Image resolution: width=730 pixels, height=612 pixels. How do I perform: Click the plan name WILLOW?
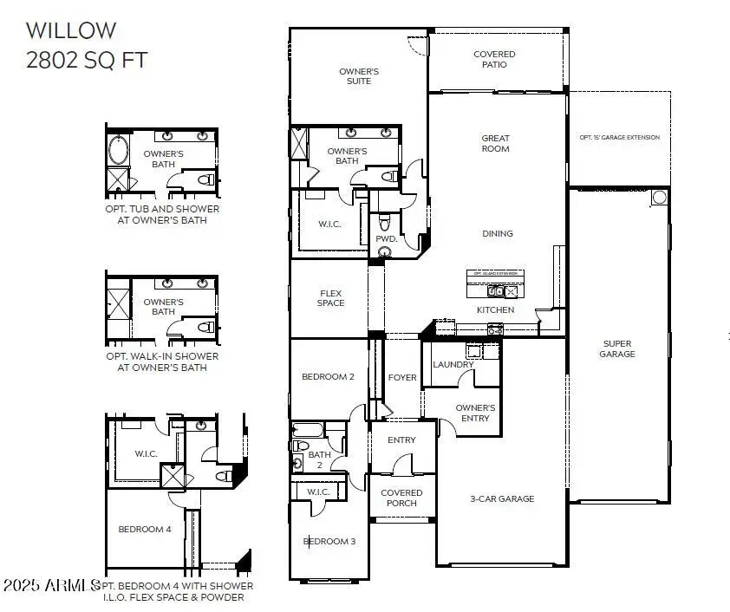pos(70,30)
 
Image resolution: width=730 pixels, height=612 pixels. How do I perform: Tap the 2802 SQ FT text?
pos(86,60)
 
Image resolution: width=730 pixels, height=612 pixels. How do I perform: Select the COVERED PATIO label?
pos(494,59)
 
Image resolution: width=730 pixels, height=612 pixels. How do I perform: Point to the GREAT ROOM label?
pos(496,143)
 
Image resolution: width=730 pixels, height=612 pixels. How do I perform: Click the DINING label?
pos(498,233)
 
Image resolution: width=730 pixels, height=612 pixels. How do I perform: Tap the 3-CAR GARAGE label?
pos(501,498)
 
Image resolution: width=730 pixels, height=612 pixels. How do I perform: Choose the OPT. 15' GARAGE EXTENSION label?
pos(619,138)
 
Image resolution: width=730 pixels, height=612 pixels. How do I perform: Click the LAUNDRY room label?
pos(453,365)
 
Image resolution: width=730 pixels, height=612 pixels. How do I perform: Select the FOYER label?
pos(402,378)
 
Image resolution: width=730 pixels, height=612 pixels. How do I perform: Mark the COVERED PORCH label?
pos(401,498)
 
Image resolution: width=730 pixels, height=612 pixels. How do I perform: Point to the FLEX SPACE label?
pos(330,297)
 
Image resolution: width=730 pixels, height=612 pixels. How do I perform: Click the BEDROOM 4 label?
pos(144,529)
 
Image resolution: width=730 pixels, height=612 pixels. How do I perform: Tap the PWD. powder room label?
pos(386,238)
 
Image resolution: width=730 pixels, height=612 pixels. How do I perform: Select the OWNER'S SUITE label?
pos(359,75)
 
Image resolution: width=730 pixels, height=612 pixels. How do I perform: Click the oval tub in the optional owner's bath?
pos(117,149)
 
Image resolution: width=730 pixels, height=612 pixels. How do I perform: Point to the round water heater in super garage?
pos(659,197)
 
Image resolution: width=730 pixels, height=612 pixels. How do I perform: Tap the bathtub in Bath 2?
pos(308,429)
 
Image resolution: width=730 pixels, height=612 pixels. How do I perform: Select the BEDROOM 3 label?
pos(329,542)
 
